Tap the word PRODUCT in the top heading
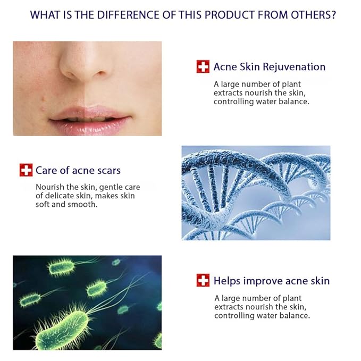227,14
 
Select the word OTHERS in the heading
308,14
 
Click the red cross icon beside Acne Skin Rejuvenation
203,66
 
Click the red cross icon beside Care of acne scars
26,170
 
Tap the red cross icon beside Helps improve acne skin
203,280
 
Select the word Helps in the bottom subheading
227,281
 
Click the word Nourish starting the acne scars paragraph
49,187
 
